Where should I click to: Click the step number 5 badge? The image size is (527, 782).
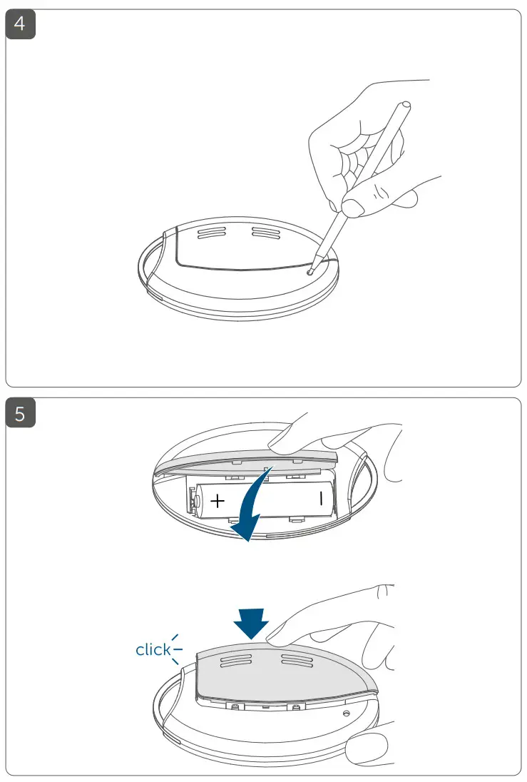click(x=21, y=414)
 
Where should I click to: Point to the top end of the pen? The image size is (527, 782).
click(x=406, y=105)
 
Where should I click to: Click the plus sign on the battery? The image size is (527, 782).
click(x=218, y=502)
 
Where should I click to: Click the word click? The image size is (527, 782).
click(x=153, y=649)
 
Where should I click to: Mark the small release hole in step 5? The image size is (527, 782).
click(x=346, y=713)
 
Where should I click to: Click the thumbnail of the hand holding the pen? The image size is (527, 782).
click(x=350, y=208)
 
